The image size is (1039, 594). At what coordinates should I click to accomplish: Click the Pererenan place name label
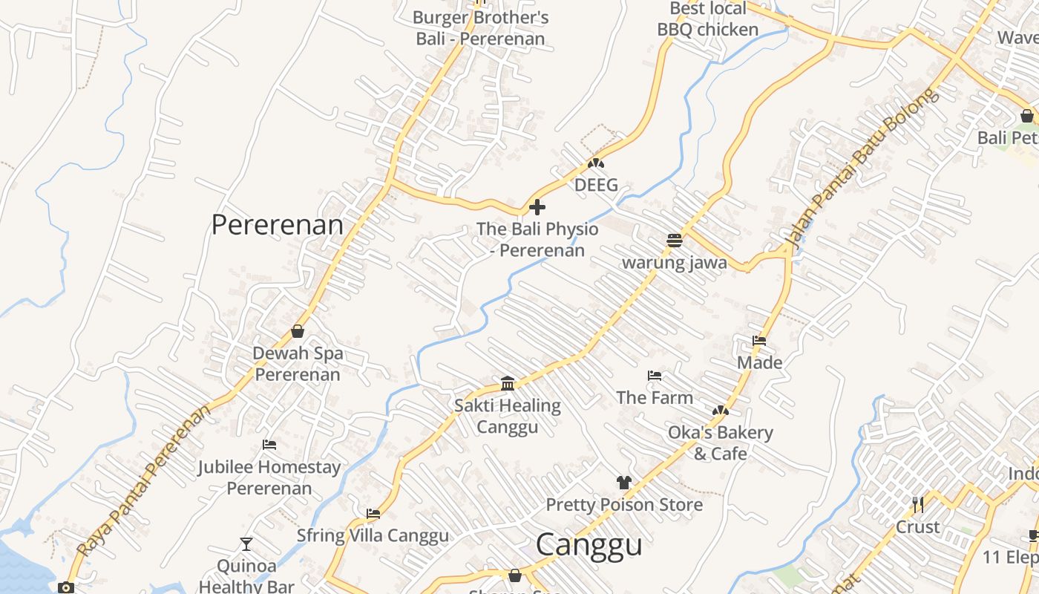coord(278,224)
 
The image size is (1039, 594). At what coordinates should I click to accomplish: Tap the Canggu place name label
coord(589,544)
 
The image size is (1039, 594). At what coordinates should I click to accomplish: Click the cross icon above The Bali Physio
coord(537,206)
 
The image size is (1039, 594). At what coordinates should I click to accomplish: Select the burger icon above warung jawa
coord(674,241)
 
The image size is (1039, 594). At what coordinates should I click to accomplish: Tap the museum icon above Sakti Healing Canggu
coord(508,383)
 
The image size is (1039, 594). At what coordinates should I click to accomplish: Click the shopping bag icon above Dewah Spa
coord(298,331)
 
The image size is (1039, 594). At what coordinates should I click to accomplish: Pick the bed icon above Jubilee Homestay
coord(269,445)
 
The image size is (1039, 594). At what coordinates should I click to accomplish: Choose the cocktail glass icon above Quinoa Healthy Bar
coord(246,544)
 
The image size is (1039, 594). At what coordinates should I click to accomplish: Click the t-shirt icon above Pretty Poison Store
coord(623,483)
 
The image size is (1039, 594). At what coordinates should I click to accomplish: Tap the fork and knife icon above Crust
coord(918,505)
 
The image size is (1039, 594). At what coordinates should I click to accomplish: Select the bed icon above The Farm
coord(654,376)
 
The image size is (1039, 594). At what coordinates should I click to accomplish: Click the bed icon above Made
coord(759,341)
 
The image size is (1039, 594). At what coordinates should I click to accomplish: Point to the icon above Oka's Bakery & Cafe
coord(720,411)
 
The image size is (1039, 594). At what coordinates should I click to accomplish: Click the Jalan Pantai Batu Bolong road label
coord(860,169)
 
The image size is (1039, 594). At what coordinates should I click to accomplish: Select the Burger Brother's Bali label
coord(480,28)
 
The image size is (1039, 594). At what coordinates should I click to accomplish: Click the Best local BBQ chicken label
coord(708,19)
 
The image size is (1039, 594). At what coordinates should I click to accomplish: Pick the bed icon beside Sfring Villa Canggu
coord(373,514)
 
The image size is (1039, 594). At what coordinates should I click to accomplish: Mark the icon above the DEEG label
coord(595,163)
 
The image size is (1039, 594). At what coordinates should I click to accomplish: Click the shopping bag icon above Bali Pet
coord(1026,116)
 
